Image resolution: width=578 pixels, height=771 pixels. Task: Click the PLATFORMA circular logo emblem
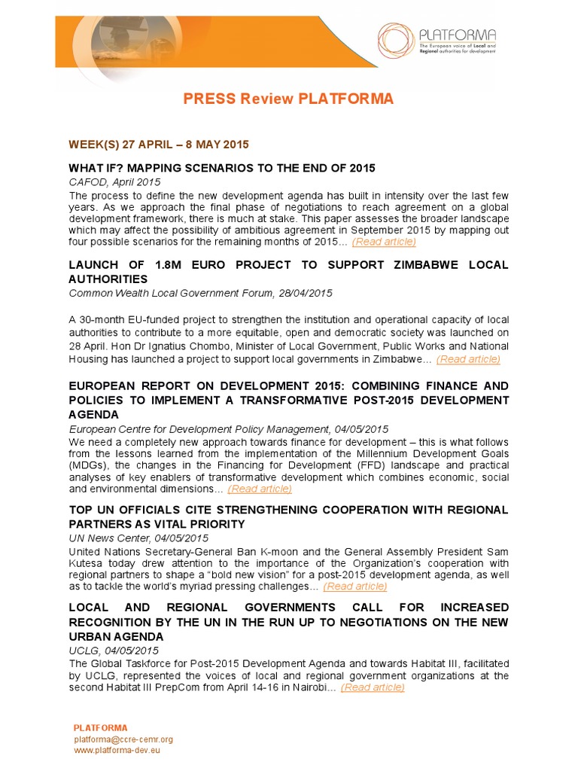click(397, 41)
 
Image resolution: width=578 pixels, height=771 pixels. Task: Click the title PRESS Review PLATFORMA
click(288, 99)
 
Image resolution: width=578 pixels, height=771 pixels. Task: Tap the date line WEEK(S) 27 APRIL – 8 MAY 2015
click(159, 144)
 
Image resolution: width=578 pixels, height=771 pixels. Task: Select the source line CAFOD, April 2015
click(114, 182)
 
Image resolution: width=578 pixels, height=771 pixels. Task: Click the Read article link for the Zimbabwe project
click(468, 359)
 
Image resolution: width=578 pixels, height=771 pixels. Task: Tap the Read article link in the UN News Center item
click(355, 586)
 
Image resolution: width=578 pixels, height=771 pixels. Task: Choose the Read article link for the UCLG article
click(373, 687)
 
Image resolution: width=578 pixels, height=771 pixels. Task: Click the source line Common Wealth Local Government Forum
click(200, 293)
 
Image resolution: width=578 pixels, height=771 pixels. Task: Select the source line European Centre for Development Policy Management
click(228, 428)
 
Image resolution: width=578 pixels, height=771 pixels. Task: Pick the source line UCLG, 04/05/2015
click(114, 651)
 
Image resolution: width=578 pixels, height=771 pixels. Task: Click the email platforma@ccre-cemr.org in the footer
click(123, 739)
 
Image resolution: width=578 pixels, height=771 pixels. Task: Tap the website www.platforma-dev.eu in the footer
click(117, 751)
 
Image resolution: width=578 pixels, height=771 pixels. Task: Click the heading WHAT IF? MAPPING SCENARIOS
click(222, 167)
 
